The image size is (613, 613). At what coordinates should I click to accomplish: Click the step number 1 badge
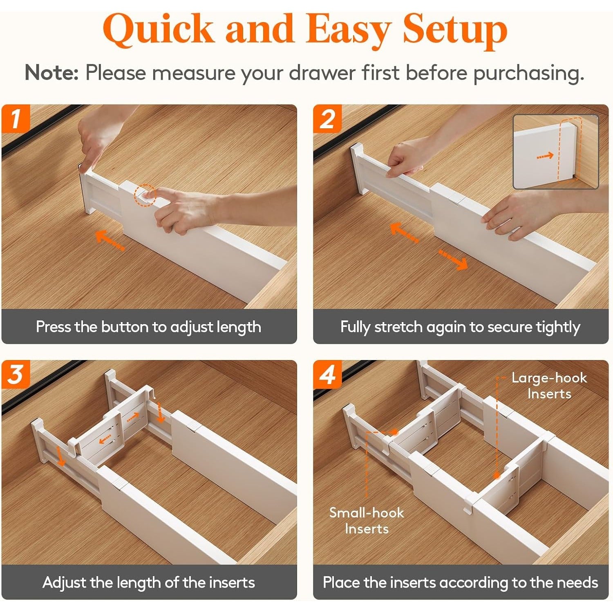click(16, 119)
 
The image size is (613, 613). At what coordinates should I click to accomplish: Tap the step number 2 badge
click(327, 119)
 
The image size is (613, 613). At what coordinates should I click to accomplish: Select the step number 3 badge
click(16, 374)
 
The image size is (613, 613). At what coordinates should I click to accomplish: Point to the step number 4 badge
click(327, 374)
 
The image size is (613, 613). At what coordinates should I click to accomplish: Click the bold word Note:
click(51, 73)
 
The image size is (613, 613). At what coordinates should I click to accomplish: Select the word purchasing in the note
click(528, 74)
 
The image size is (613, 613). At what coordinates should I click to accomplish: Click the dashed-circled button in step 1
click(145, 195)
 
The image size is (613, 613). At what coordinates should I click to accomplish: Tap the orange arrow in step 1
click(110, 239)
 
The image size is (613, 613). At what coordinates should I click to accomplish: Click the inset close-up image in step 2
click(556, 152)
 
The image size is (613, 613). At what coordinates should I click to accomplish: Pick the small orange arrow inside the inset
click(545, 156)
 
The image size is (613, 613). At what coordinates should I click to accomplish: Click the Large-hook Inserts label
click(549, 386)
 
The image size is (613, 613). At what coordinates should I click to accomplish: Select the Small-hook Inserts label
click(367, 520)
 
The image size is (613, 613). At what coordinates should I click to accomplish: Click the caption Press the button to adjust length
click(148, 327)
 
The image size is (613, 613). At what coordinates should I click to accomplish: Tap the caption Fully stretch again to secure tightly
click(460, 327)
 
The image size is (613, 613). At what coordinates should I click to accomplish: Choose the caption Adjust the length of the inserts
click(149, 582)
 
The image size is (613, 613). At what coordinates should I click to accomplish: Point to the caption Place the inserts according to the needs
click(461, 582)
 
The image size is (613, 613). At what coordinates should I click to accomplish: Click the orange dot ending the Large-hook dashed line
click(497, 476)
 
